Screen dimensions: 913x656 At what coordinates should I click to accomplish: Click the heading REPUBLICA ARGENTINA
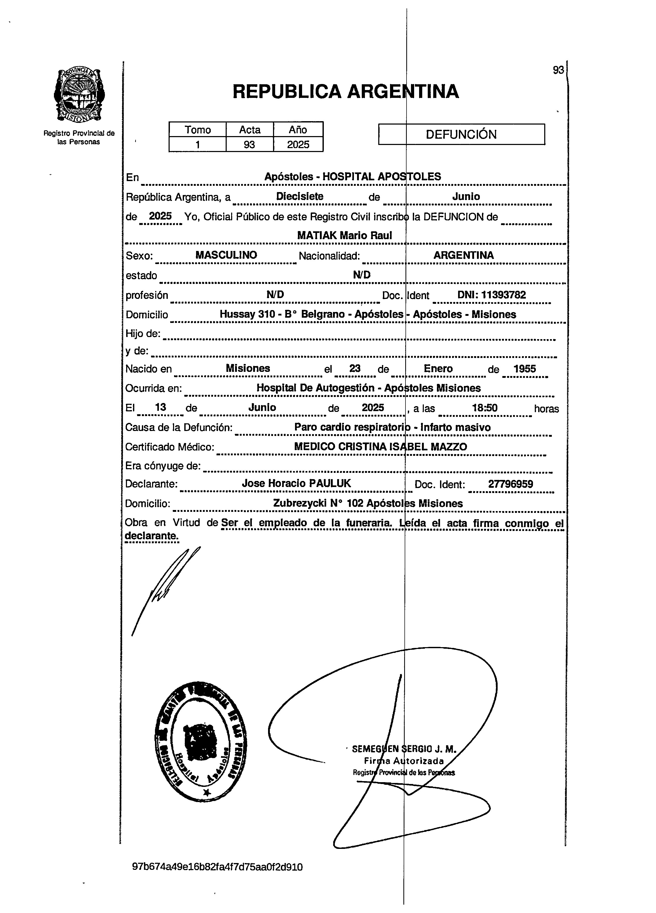(346, 91)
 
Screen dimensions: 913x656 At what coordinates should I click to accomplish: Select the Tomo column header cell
(197, 130)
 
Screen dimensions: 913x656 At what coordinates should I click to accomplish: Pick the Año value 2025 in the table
(298, 144)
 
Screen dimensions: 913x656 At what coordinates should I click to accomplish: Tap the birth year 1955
(524, 368)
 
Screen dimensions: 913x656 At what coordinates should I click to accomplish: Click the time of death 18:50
(485, 408)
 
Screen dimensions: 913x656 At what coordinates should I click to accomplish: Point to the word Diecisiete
(300, 197)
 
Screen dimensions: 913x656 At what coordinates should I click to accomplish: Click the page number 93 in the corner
(558, 70)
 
